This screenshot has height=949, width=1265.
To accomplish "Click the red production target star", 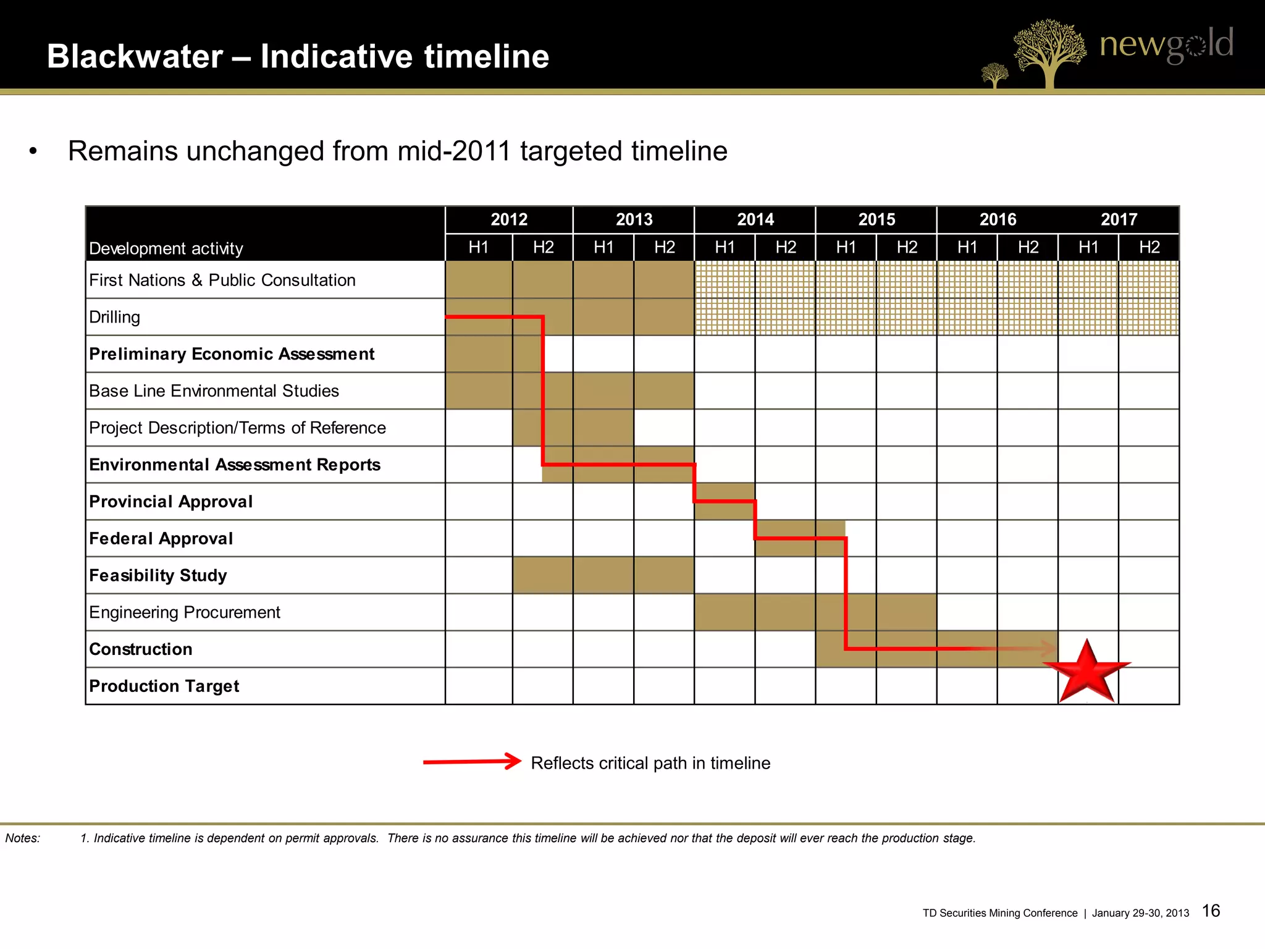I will click(1087, 672).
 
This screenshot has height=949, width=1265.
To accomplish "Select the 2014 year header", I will click(755, 219).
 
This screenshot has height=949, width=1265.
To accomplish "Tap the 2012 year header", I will click(509, 219).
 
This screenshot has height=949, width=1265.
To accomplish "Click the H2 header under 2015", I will click(907, 247).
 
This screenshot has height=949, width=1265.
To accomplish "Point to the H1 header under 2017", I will click(1088, 247).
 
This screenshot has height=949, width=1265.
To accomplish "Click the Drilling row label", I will click(115, 317).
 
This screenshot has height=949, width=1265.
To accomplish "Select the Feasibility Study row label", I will click(158, 575).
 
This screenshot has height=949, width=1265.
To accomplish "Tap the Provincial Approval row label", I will click(171, 501).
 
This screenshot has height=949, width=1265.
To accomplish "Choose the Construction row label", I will click(141, 649).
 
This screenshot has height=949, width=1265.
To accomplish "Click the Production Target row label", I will click(164, 686).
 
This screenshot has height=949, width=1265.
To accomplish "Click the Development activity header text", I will click(166, 248).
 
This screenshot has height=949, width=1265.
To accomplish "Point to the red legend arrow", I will click(473, 762).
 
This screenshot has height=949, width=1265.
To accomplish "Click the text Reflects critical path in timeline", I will click(650, 763).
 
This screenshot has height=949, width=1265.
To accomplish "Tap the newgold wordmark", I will click(1166, 44).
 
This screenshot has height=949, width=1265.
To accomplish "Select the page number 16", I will click(1211, 911).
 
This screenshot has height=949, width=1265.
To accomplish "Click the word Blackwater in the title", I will click(135, 56).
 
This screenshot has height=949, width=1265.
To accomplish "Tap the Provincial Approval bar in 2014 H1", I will click(725, 501).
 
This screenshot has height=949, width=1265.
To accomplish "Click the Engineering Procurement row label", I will click(185, 612).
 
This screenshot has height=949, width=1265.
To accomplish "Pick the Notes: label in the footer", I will click(23, 838).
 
